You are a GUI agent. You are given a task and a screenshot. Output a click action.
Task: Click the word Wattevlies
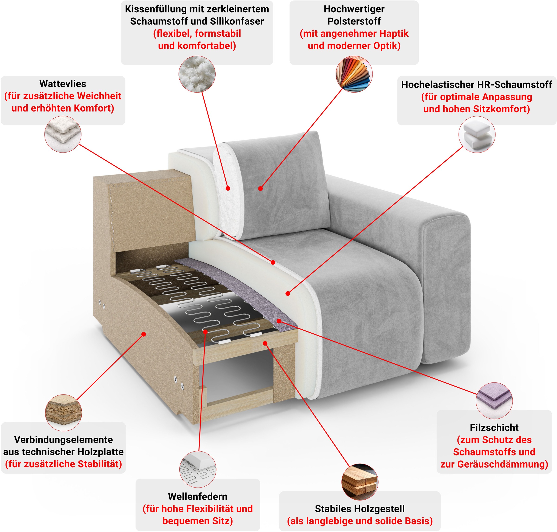[x=63, y=84]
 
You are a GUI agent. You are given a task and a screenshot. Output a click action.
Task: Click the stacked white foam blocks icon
[x=477, y=134]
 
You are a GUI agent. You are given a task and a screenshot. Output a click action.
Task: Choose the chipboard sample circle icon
[x=63, y=413]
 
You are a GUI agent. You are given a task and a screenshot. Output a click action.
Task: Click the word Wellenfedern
[x=198, y=497]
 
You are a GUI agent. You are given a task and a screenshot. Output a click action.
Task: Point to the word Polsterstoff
[x=354, y=21]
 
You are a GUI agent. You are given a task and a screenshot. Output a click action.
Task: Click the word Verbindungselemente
[x=63, y=440]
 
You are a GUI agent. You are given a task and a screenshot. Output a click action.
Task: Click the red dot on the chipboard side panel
[x=144, y=334]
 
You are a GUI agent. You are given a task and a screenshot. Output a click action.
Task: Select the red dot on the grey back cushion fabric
[x=260, y=188]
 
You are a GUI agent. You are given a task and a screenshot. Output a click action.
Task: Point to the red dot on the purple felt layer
[x=279, y=321]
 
